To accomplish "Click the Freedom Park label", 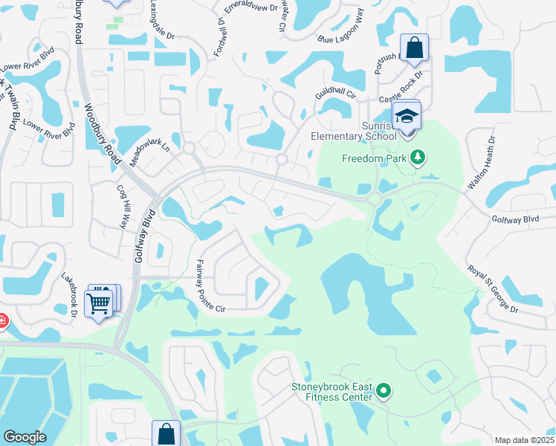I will pos(373,158).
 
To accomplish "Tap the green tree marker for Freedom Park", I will pos(418,156).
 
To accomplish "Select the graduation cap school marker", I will pos(407,117).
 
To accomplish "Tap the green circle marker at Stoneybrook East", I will pos(384,390).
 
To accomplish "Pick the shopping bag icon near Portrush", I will pos(415,49).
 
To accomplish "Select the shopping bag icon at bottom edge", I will pos(167,435).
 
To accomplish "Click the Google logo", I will pos(25,437).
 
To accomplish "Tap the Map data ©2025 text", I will pos(523,440).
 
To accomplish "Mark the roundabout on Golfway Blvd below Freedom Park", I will pos(374,199).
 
